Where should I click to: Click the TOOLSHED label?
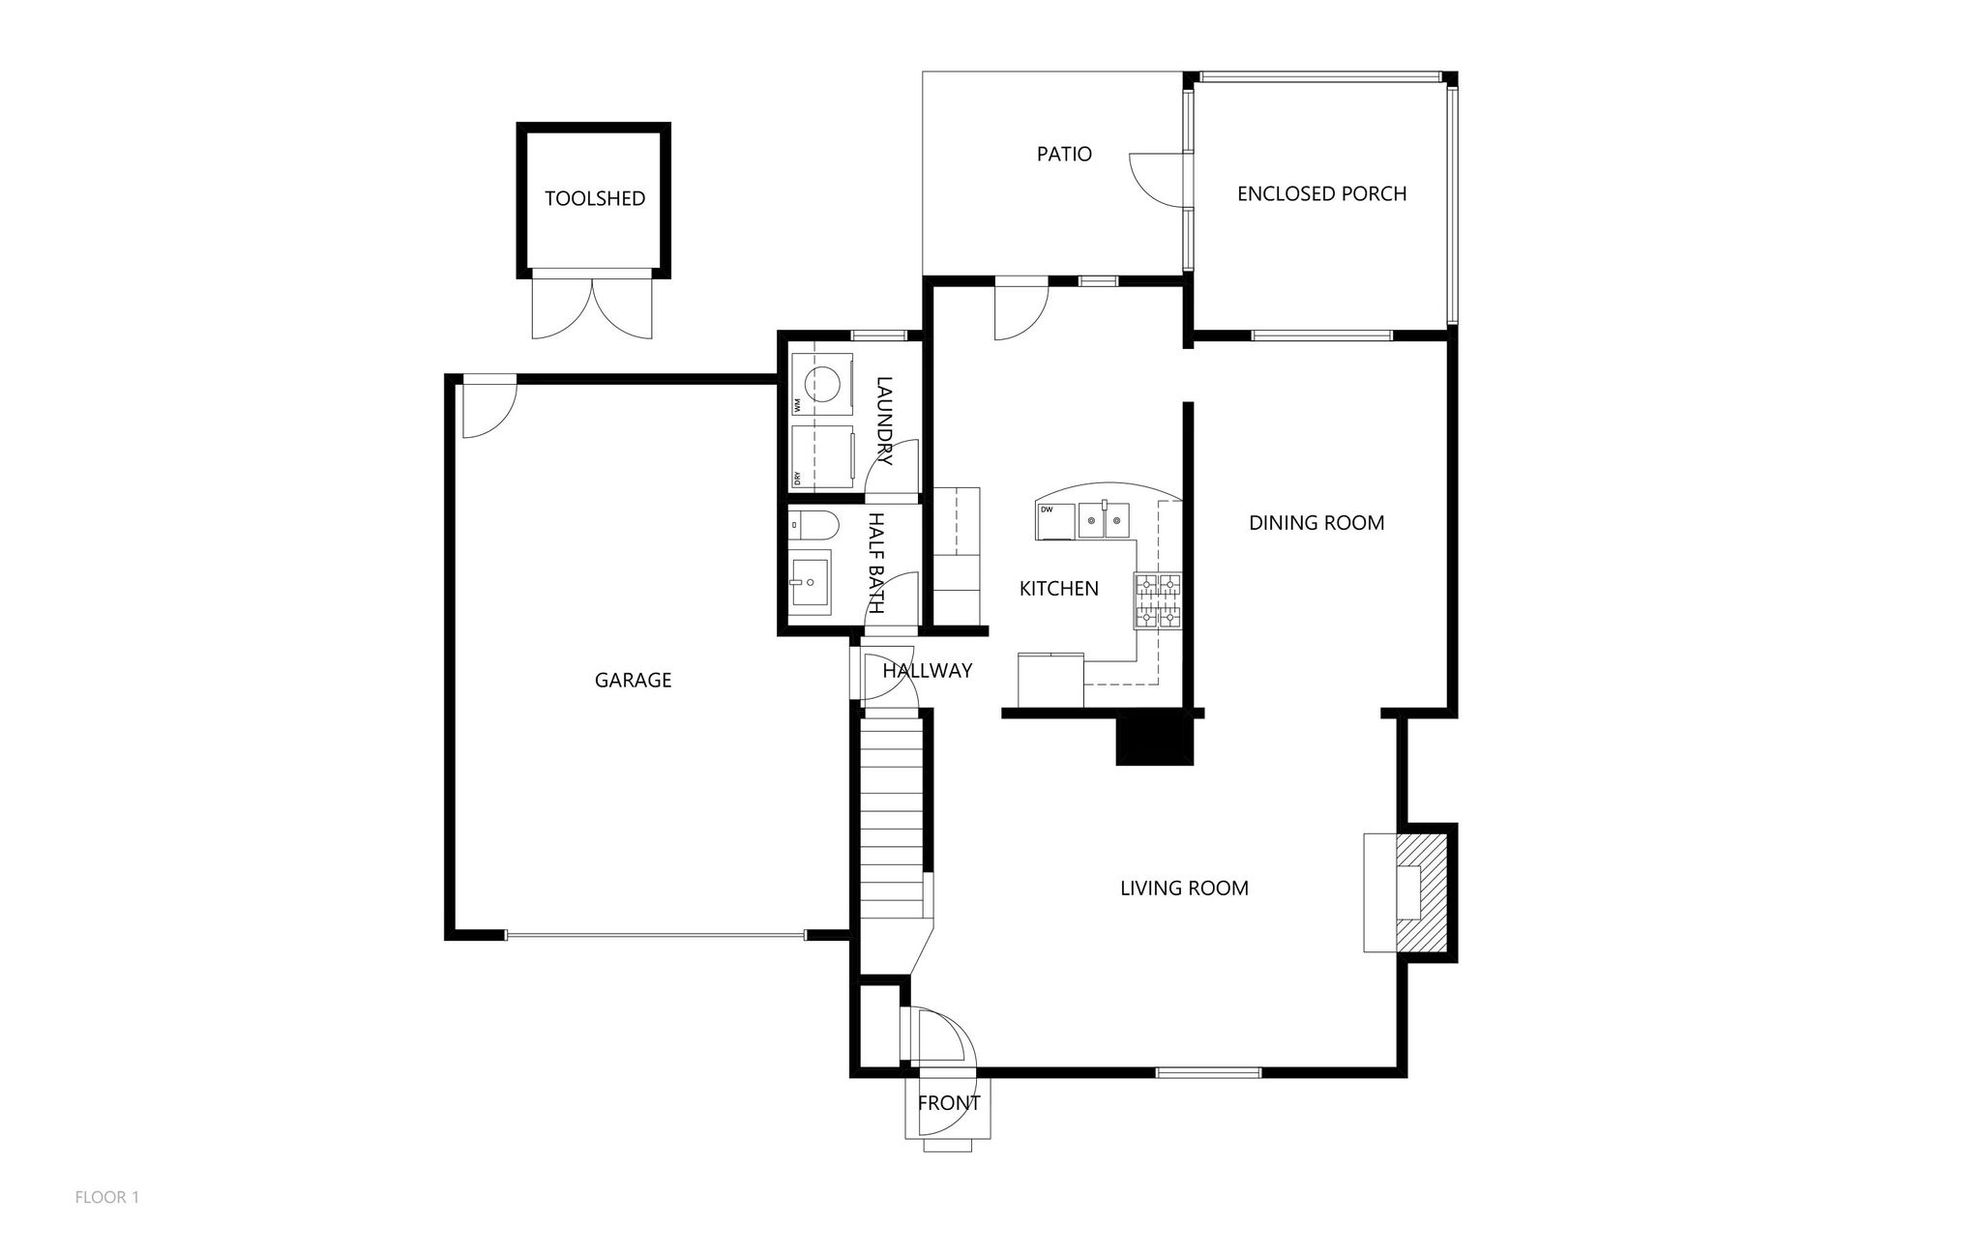click(594, 198)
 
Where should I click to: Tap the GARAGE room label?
click(633, 680)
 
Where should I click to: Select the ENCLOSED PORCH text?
click(1321, 193)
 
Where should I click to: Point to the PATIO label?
click(1064, 154)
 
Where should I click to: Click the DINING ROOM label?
click(1316, 523)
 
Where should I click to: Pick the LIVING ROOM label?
click(1184, 888)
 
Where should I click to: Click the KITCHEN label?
click(1059, 588)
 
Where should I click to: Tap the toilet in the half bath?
click(813, 527)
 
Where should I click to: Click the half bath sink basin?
click(810, 583)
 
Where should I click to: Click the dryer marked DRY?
click(822, 456)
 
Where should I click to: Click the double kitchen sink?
click(1104, 520)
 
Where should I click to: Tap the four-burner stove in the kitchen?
click(1158, 600)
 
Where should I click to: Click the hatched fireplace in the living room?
click(1420, 892)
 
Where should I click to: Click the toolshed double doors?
click(592, 306)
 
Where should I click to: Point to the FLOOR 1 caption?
click(107, 1197)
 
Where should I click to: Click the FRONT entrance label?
click(948, 1103)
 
